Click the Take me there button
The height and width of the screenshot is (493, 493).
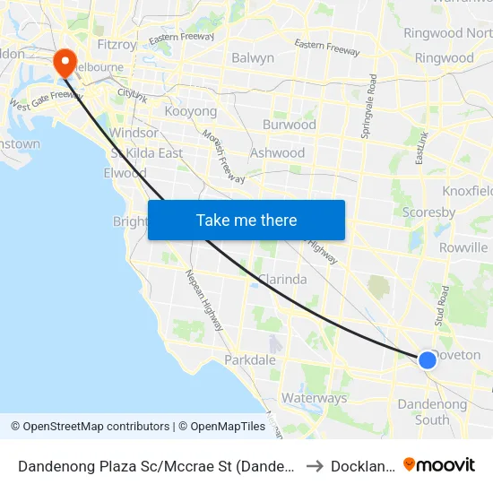click(x=246, y=221)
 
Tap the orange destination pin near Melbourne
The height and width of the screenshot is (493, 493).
click(x=65, y=62)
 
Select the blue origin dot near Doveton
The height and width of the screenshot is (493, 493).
click(x=428, y=359)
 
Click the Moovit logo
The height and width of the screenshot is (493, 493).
click(x=439, y=465)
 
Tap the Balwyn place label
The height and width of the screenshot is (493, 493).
click(x=253, y=58)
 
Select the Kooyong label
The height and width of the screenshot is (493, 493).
click(x=191, y=111)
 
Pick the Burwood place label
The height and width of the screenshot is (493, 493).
click(x=289, y=125)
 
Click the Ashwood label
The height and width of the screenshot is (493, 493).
click(x=277, y=152)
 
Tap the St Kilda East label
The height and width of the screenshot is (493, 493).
click(x=147, y=152)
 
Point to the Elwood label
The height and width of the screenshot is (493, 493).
click(x=125, y=173)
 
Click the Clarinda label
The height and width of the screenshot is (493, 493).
click(x=282, y=279)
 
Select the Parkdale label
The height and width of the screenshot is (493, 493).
click(x=250, y=359)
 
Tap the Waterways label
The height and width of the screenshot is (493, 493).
click(x=314, y=398)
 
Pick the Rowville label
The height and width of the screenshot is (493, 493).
click(x=463, y=247)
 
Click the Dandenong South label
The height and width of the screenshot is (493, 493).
click(x=432, y=411)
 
